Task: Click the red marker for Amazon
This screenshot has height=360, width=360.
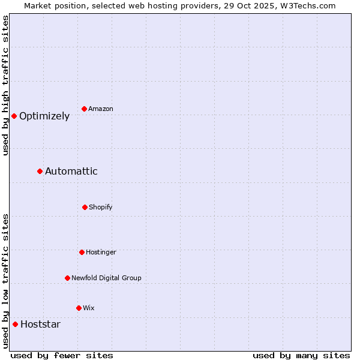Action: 85,109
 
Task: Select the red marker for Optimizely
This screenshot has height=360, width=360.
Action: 14,116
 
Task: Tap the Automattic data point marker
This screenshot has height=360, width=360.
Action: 40,171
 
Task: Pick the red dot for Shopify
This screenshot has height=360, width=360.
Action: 85,207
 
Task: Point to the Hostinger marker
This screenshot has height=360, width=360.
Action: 82,252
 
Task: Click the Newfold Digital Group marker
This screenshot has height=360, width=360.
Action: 67,278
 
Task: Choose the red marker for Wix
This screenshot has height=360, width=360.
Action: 79,308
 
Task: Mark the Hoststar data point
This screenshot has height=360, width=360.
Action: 16,324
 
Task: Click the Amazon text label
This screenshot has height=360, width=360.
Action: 101,109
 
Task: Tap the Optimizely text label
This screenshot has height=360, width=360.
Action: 44,116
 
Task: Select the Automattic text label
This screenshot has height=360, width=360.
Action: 71,172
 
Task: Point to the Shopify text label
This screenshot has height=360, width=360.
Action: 101,207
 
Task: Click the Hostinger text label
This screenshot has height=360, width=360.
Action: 101,252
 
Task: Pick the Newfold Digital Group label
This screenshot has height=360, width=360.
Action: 107,278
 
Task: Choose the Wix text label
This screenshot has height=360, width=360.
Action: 89,308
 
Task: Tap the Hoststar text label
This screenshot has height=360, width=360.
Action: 40,325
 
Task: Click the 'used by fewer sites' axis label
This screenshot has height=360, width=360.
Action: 62,355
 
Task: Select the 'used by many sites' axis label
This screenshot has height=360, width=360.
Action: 301,355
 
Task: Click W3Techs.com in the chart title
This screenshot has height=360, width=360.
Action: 306,5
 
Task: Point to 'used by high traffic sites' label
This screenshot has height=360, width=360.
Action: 5,85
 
